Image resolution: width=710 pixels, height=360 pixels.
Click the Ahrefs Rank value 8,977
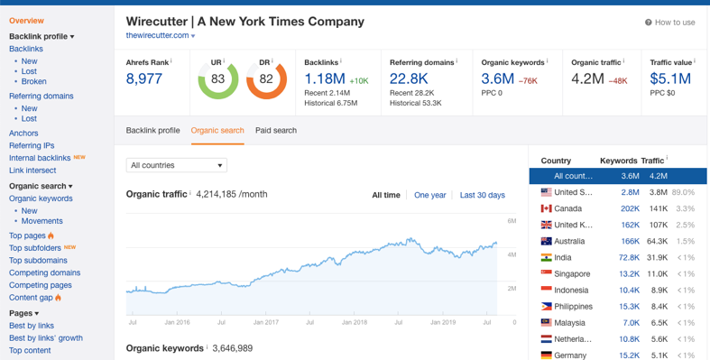tap(144, 79)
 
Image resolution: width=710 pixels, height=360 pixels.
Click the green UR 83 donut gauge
tap(217, 79)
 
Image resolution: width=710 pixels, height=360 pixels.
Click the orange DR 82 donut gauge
tap(266, 79)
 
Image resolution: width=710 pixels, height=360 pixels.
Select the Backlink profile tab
tap(152, 131)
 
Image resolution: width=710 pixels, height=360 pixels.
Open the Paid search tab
tap(276, 131)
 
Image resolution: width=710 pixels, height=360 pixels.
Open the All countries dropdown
tap(176, 165)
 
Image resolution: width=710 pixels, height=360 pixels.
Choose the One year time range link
tap(429, 195)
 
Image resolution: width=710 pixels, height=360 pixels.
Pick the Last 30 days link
tap(482, 195)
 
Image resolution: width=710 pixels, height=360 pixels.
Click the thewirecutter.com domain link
tap(158, 35)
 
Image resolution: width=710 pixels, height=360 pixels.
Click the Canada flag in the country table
tap(546, 208)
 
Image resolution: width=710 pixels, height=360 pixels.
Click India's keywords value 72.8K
tap(629, 257)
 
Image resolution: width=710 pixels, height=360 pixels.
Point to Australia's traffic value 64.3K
tap(657, 241)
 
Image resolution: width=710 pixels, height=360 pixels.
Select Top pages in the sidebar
tap(27, 235)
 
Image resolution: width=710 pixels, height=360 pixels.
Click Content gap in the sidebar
tap(31, 297)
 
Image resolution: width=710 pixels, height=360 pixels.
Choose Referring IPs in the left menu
tap(32, 145)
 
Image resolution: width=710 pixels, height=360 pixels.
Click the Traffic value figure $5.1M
tap(670, 79)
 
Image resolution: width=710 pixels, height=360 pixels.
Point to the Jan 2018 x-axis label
tap(354, 322)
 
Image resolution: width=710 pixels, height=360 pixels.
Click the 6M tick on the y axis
tap(512, 221)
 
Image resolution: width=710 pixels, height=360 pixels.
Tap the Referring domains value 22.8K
tap(409, 79)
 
